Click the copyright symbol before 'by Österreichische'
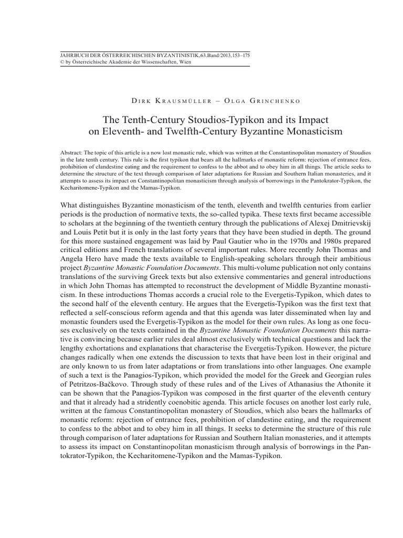click(63, 61)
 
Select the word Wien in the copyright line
click(185, 61)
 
